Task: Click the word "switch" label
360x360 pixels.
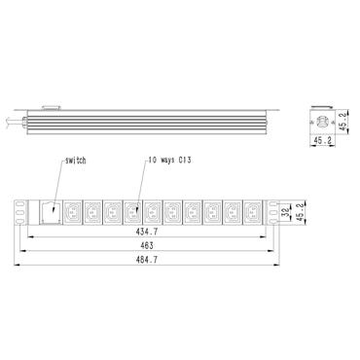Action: [x=75, y=159]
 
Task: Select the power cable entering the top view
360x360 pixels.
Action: [x=15, y=122]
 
